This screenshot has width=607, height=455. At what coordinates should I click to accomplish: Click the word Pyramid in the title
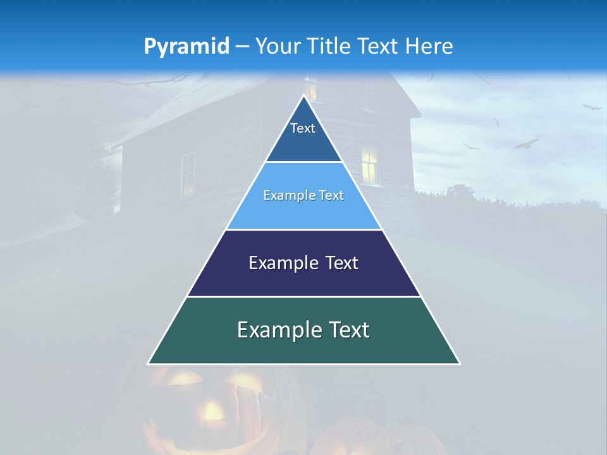tap(187, 47)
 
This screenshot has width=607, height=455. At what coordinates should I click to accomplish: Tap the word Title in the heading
tap(329, 47)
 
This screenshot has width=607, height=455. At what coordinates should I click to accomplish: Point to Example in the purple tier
tap(280, 263)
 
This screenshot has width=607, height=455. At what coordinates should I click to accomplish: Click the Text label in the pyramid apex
tap(303, 128)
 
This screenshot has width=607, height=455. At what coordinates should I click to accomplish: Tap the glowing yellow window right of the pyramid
tap(369, 164)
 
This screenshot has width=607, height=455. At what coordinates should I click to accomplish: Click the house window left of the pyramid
tap(188, 174)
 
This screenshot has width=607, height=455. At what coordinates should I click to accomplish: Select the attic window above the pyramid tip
tap(310, 88)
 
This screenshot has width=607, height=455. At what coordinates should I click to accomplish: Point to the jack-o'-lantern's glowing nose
tap(212, 411)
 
